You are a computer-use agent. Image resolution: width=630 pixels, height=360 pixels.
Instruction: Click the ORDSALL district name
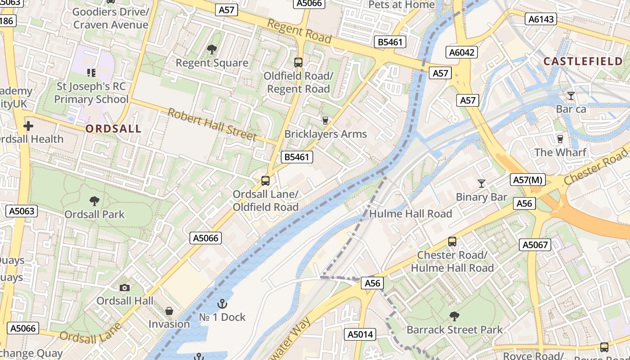pos(113,129)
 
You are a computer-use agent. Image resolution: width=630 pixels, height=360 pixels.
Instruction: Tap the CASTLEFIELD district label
pos(583,61)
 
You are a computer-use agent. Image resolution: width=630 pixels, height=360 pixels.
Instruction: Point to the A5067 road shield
pos(535,245)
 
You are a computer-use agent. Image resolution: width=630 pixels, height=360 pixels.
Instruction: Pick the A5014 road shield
pos(360,334)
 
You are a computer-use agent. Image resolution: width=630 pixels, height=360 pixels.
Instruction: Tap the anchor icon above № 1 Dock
pos(222,304)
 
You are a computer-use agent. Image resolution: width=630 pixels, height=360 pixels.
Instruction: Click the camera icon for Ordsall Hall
pos(125,288)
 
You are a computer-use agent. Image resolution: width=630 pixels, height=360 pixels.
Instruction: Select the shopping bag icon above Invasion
pos(169,311)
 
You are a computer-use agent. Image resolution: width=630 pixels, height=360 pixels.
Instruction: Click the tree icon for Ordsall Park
pos(94,201)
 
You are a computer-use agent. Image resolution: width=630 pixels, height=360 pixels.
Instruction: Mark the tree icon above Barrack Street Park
pos(454,316)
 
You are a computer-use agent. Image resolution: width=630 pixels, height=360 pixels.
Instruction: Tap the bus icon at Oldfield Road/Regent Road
pos(298,62)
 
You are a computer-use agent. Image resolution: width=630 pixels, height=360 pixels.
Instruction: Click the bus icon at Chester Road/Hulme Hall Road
pos(452,242)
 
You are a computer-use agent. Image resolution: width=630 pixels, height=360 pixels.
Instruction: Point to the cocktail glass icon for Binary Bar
pos(481,183)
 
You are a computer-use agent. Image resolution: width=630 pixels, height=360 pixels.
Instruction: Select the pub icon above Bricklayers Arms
pos(325,120)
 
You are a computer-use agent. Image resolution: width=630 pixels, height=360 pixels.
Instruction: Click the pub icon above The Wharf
pos(560,139)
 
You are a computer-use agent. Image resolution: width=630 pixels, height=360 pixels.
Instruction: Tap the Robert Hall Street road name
pos(212,124)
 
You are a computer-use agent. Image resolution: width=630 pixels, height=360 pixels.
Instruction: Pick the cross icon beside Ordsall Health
pos(28,126)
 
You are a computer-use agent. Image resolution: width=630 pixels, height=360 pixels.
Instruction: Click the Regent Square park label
pos(212,63)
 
